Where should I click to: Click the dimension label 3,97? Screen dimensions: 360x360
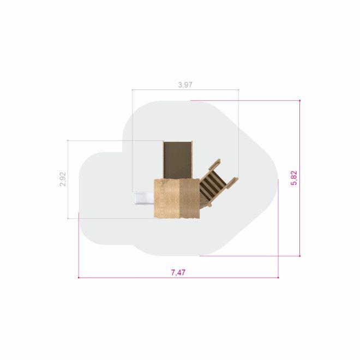coord(185,85)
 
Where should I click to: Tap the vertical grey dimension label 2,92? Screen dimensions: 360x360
coord(63,179)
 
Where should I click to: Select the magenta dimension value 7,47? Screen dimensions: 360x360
coord(178,273)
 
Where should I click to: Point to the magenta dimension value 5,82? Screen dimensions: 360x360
coord(294,178)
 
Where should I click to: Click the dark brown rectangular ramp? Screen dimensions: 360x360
coord(177,160)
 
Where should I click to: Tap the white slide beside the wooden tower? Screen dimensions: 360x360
coord(144,199)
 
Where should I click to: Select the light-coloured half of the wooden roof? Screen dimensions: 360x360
coord(167,199)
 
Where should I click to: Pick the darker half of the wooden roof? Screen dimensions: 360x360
coord(189,199)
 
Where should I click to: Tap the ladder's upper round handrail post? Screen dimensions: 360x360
coord(215,164)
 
